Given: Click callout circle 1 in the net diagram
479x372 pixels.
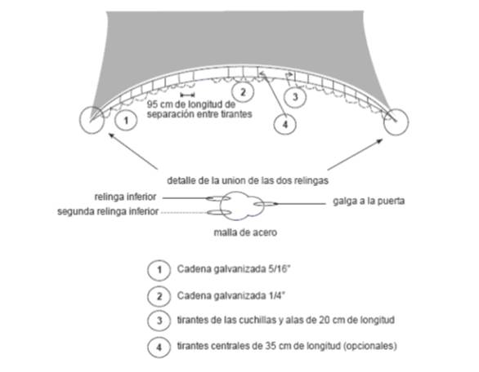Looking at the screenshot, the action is (126, 121).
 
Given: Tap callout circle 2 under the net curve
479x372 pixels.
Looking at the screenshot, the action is (243, 92).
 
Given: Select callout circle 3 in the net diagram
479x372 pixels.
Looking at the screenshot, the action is (295, 97).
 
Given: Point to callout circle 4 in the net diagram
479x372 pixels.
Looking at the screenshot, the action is (284, 124).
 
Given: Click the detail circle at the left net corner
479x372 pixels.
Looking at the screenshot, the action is (80, 120).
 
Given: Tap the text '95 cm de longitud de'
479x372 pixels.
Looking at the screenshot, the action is (191, 104).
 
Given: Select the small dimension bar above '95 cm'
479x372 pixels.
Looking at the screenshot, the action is (187, 95).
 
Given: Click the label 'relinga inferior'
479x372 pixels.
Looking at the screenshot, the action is (125, 197).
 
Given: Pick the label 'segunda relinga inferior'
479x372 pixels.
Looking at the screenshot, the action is (108, 211).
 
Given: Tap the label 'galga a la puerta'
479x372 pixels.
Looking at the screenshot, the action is (369, 201).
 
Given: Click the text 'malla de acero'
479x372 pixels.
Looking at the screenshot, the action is (245, 232).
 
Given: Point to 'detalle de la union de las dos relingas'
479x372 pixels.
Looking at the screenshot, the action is (248, 180).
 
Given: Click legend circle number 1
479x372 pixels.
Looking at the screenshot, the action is (159, 270).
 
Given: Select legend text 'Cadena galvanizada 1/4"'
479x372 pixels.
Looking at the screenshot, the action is (231, 296).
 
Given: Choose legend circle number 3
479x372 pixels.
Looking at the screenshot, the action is (159, 321).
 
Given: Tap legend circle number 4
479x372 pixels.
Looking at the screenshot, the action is (159, 347).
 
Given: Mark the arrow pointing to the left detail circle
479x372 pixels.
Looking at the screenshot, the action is (133, 151).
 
